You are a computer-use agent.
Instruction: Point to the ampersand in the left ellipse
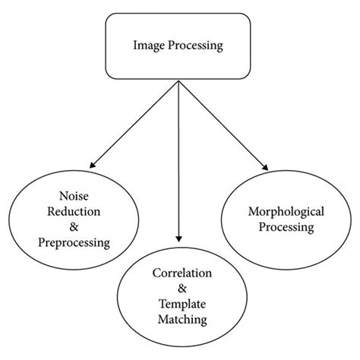point(74,229)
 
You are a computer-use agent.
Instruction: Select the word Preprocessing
point(74,243)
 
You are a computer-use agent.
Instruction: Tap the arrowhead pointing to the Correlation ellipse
point(178,237)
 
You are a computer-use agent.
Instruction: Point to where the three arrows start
point(178,81)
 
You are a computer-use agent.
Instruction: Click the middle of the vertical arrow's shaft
point(178,159)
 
